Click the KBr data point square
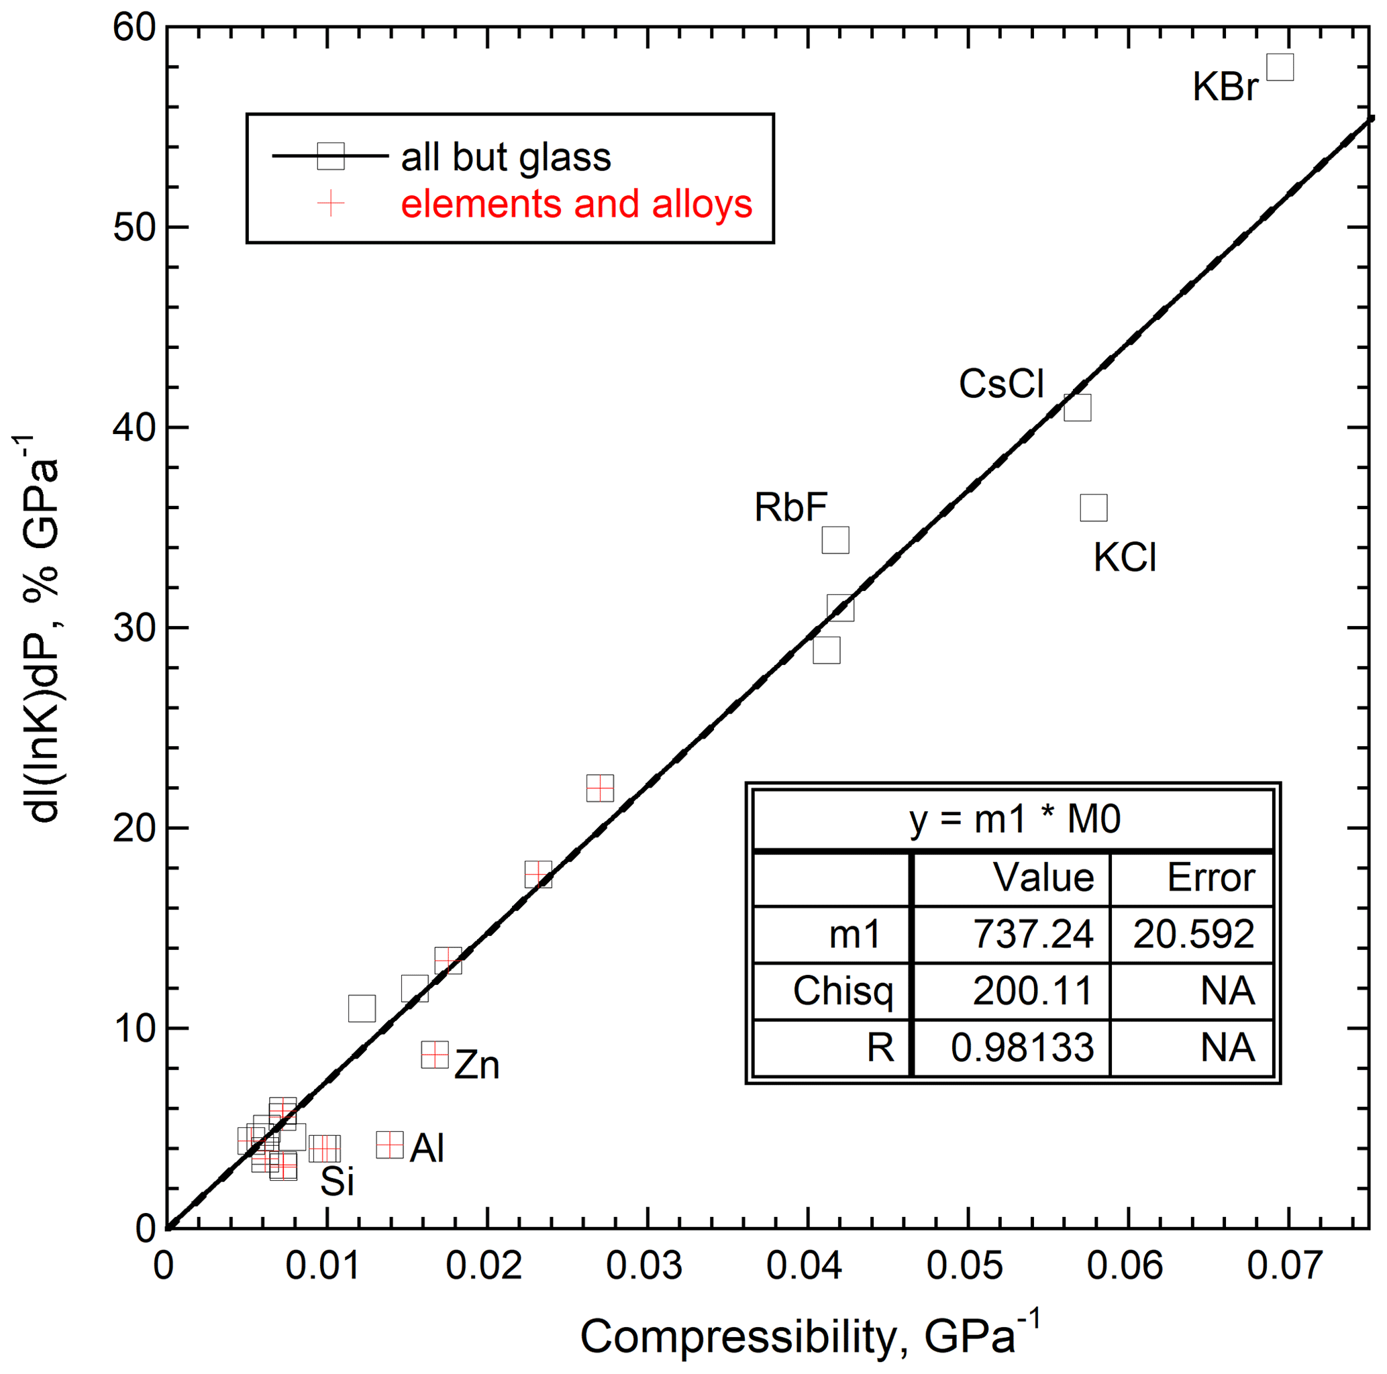point(1280,68)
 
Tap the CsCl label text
point(1000,384)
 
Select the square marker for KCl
point(1093,507)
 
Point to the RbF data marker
point(835,540)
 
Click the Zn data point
point(435,1055)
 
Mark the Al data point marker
point(390,1145)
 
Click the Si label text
point(337,1181)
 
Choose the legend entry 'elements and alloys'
point(576,204)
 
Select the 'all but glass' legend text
point(505,156)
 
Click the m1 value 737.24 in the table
point(1032,934)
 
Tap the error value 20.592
point(1193,934)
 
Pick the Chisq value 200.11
point(1032,991)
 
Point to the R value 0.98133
point(1023,1047)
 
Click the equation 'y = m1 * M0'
point(1015,819)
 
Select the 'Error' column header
point(1211,878)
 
